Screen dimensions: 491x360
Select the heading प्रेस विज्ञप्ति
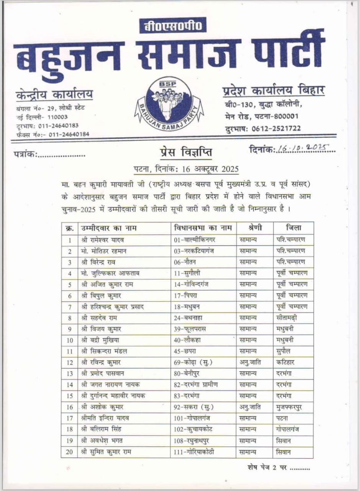click(186, 152)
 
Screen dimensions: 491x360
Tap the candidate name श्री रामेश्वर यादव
click(102, 240)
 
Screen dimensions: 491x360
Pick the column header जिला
click(293, 228)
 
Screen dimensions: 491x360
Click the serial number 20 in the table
click(69, 452)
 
